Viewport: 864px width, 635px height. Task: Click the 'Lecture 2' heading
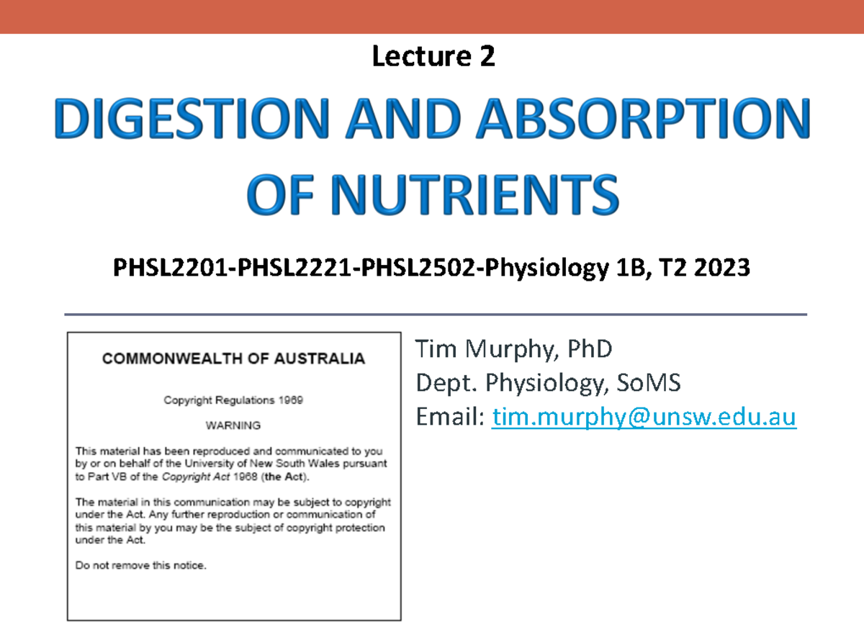(x=433, y=56)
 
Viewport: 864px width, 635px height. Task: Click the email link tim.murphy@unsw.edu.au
(x=644, y=418)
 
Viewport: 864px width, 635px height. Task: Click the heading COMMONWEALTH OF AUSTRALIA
(x=234, y=359)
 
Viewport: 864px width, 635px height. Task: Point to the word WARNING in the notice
(x=233, y=425)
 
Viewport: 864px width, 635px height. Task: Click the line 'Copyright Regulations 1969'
(x=233, y=400)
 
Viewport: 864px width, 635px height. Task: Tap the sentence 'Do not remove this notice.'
(x=141, y=565)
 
